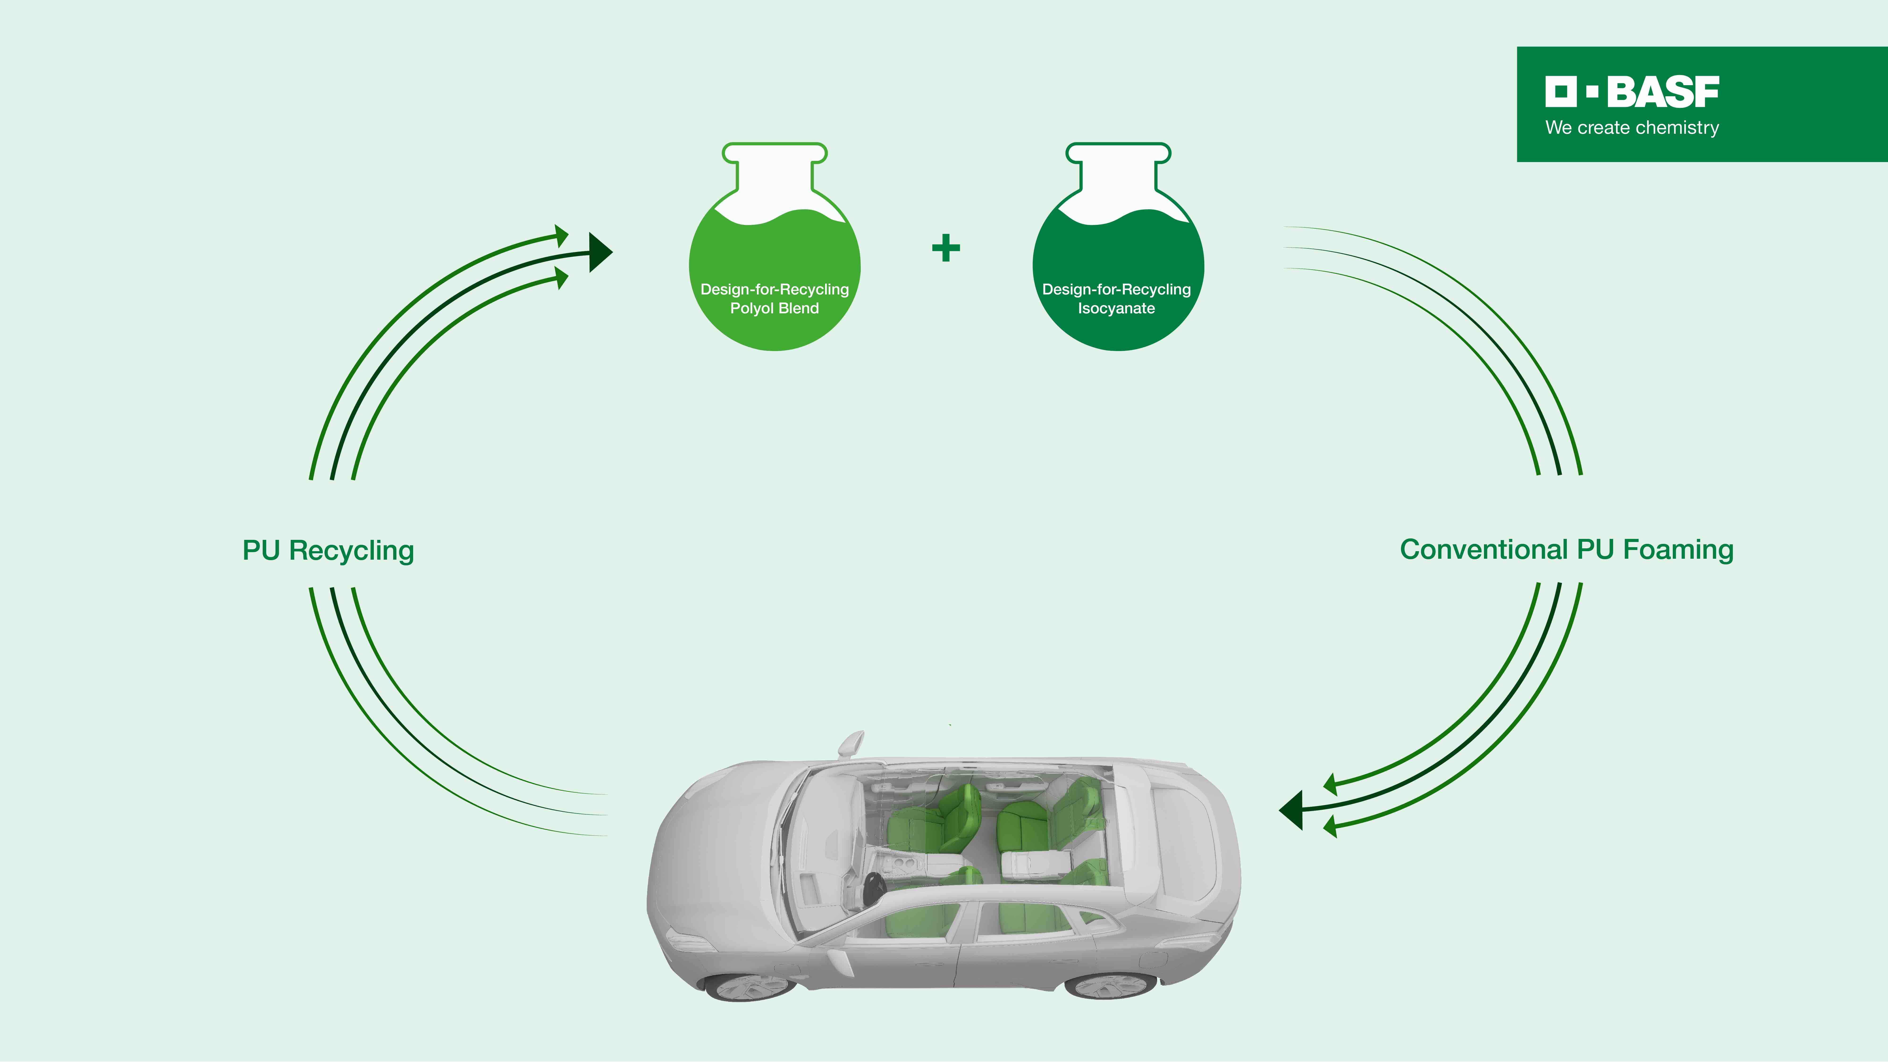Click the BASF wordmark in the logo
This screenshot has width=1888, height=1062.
(1662, 92)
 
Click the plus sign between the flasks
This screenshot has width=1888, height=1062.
(945, 248)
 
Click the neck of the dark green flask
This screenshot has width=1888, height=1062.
(1118, 172)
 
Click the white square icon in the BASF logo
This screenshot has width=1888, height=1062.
(1560, 92)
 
